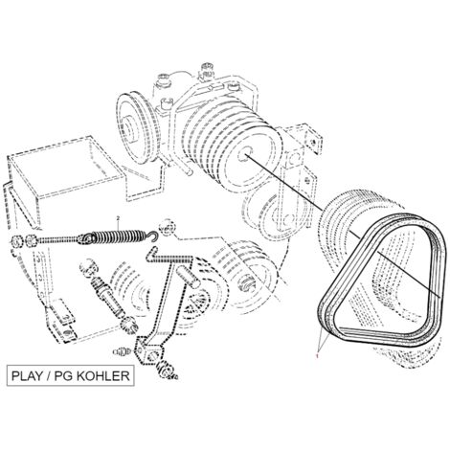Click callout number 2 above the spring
coord(118,218)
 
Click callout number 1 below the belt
coord(317,354)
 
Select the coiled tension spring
coord(117,237)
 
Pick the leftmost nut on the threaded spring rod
coord(16,242)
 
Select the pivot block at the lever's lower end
coord(149,350)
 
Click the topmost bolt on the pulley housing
coord(207,69)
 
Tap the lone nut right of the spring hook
coord(169,228)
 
